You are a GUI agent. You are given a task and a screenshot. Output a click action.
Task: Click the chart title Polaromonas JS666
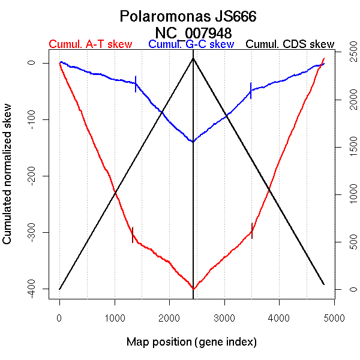[x=188, y=16]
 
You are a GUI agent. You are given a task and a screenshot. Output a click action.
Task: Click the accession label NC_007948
[x=193, y=32]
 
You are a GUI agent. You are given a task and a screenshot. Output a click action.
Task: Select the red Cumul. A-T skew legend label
[x=90, y=44]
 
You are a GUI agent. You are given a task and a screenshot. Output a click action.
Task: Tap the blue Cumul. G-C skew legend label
[x=191, y=44]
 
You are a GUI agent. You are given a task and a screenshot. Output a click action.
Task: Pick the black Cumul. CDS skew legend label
[x=290, y=44]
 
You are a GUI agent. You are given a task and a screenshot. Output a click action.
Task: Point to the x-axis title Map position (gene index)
[x=191, y=343]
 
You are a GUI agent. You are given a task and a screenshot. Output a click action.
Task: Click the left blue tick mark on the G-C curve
[x=136, y=83]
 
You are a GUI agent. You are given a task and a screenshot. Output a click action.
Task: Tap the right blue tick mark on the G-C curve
[x=251, y=90]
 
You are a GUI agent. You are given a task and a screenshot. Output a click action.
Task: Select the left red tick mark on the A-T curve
[x=133, y=235]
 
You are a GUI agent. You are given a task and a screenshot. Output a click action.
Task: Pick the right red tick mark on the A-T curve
[x=252, y=230]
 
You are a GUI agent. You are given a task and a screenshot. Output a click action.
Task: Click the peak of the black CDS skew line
[x=193, y=58]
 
